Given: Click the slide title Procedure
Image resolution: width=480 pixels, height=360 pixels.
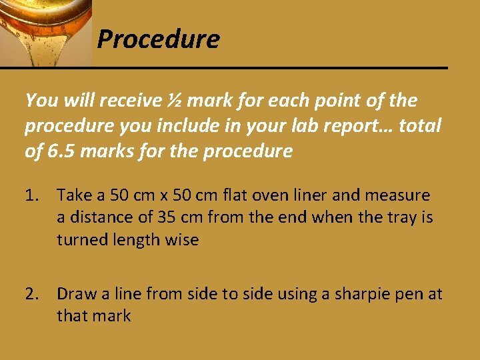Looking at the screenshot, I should coord(158,40).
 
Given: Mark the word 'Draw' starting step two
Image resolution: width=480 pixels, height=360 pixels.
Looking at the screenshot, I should coord(75,293).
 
